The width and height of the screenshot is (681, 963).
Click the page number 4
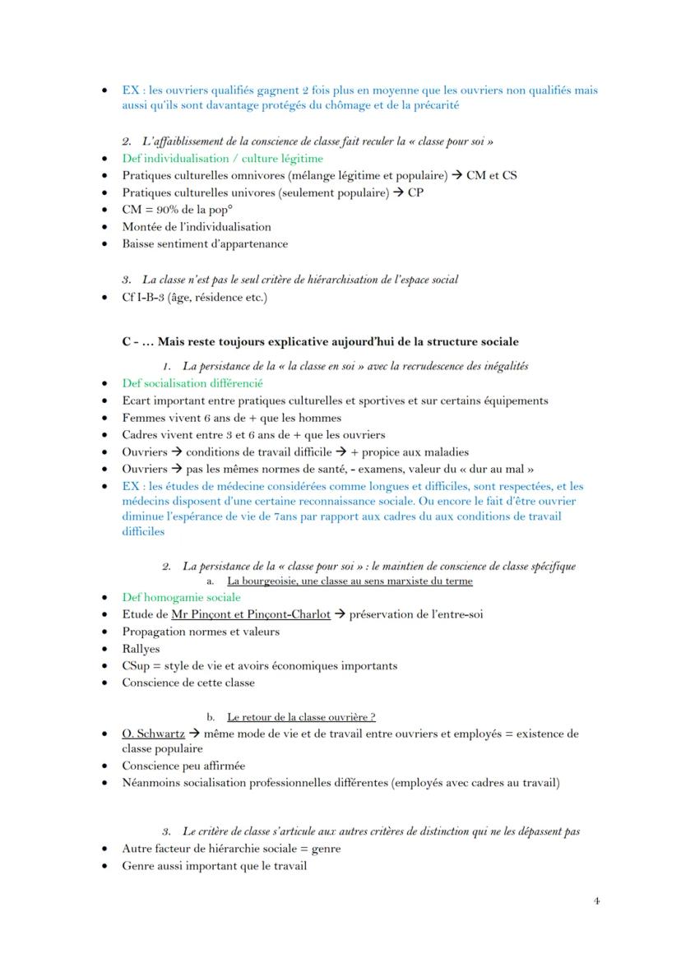click(x=596, y=900)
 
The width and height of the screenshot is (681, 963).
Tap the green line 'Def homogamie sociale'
click(x=181, y=597)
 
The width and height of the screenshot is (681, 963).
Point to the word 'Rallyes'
click(x=141, y=649)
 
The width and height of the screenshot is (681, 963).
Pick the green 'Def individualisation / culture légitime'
click(x=222, y=158)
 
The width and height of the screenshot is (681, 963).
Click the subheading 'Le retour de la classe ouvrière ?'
click(x=302, y=716)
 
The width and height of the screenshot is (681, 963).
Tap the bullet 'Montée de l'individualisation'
click(x=196, y=226)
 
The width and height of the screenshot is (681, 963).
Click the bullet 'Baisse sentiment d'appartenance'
click(x=205, y=243)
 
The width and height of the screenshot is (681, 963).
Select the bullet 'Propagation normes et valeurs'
click(x=200, y=632)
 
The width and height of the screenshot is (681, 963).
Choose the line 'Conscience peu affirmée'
click(x=183, y=766)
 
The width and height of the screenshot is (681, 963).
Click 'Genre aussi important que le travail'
click(x=214, y=865)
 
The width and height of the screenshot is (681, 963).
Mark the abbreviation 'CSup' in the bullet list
click(x=137, y=665)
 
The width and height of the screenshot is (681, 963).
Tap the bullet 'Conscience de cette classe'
click(x=188, y=682)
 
